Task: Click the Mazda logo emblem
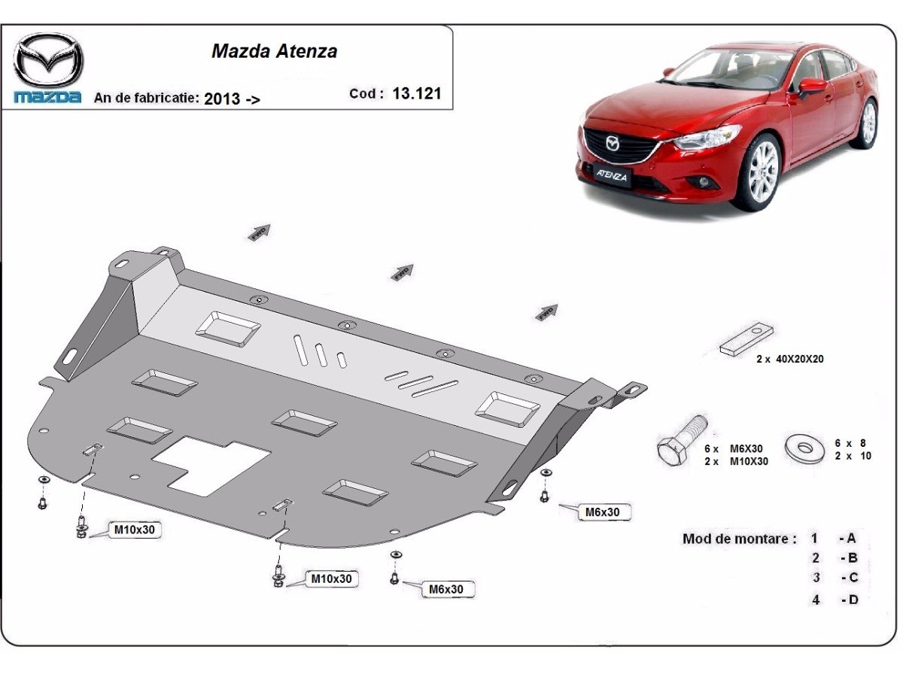point(48,60)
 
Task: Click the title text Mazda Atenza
point(274,51)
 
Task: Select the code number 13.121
point(417,94)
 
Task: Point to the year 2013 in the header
point(222,99)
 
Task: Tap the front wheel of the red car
point(756,173)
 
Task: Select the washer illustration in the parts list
point(806,448)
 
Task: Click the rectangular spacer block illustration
point(747,339)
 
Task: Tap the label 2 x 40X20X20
point(790,360)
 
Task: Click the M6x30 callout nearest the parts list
point(603,512)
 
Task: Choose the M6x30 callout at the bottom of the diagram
point(446,590)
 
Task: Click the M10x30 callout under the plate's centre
point(331,579)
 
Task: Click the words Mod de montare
point(739,539)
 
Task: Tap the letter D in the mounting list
point(853,600)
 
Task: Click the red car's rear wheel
point(868,124)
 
